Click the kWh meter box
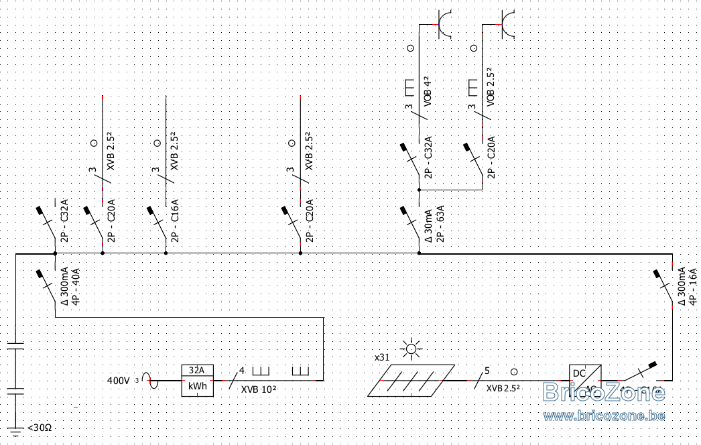(x=197, y=381)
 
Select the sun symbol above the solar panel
(x=409, y=349)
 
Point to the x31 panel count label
(x=382, y=358)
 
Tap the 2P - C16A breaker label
(x=175, y=218)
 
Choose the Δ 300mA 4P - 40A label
(x=70, y=286)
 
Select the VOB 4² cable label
(x=427, y=93)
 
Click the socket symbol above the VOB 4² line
(x=443, y=24)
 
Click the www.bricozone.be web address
(x=604, y=417)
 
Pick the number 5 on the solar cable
(x=487, y=371)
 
